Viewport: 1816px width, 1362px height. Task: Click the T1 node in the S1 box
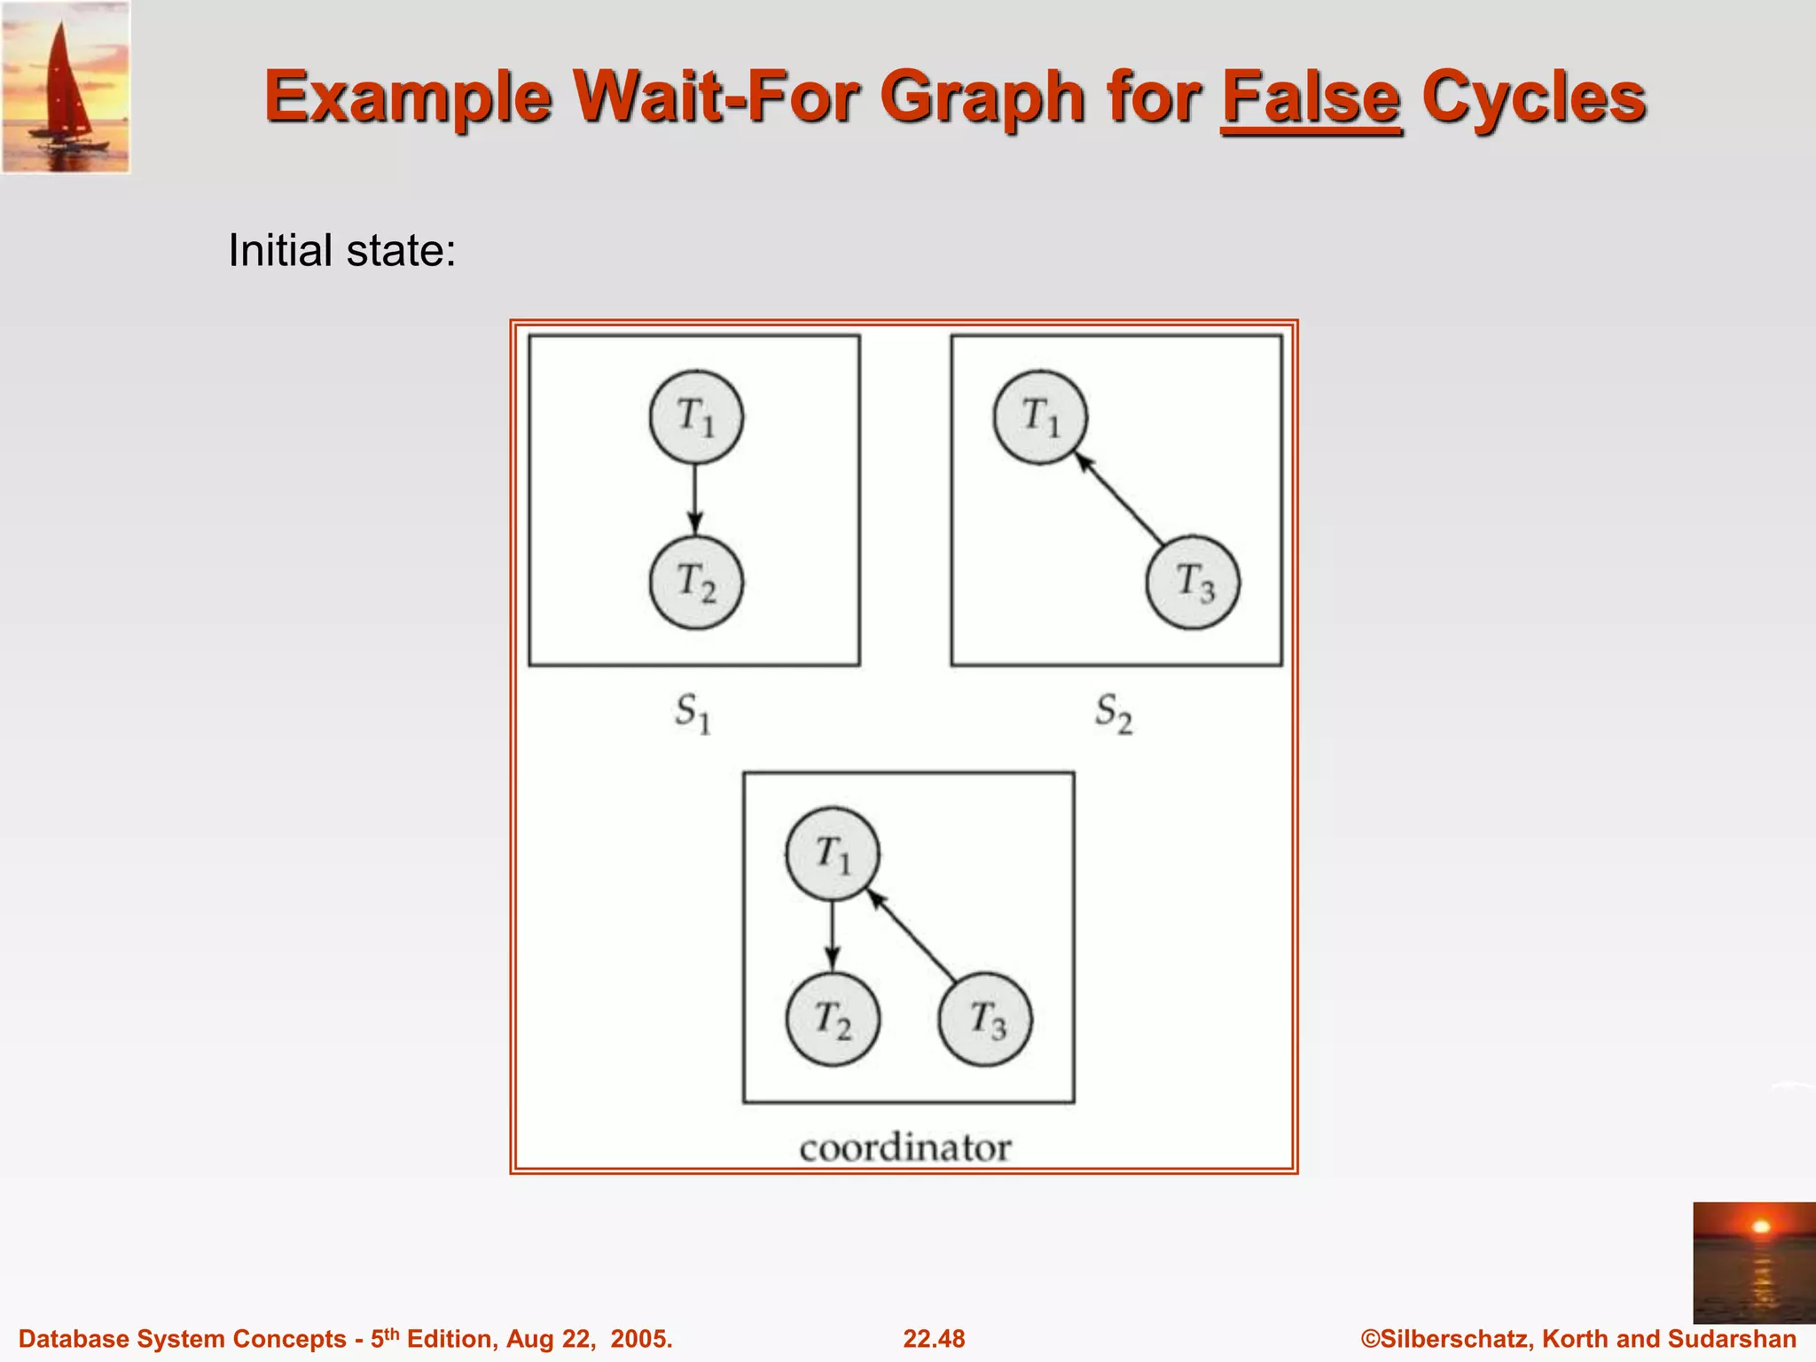pos(696,417)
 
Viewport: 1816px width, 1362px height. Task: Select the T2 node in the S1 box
pos(696,583)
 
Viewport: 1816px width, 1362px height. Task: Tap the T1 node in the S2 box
pos(1040,417)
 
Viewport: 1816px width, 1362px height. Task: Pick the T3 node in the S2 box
pos(1193,583)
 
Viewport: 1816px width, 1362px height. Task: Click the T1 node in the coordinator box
pos(833,854)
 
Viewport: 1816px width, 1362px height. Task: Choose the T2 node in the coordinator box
pos(833,1019)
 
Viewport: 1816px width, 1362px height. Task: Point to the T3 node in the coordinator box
pos(985,1019)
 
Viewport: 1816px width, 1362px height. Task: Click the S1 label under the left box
pos(693,713)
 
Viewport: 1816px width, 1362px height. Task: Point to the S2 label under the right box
pos(1114,713)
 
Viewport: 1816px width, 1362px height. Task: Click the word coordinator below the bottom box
pos(904,1148)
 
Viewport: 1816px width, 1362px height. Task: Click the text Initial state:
pos(342,250)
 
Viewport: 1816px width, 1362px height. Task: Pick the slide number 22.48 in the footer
pos(934,1339)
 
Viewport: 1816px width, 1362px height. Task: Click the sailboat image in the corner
pos(66,87)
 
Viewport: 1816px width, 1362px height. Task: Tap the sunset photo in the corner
pos(1753,1263)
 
